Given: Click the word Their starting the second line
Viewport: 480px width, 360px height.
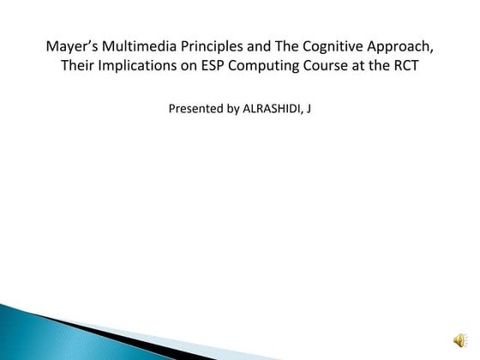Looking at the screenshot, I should [x=80, y=66].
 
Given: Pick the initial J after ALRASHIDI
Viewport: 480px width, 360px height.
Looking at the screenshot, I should [x=308, y=110].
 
